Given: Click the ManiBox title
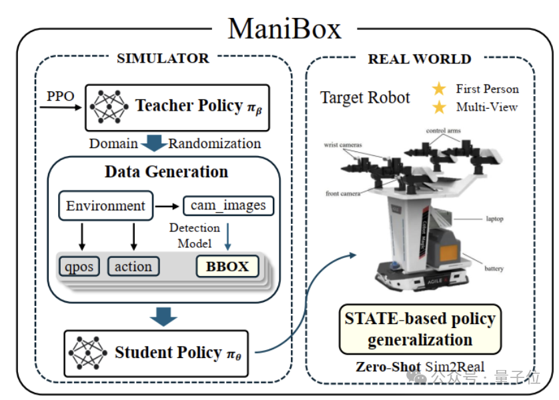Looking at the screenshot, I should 285,29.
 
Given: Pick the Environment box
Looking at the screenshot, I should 105,206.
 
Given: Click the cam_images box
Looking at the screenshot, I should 228,206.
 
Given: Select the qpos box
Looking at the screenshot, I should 77,267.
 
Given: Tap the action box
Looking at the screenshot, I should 133,267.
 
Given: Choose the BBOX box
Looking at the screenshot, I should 227,267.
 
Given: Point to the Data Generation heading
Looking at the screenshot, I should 166,171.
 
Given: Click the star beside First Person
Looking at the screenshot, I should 439,89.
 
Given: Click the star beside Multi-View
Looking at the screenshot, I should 439,107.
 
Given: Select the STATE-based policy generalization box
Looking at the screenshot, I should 420,329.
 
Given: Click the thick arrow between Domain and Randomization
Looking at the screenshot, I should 153,143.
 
